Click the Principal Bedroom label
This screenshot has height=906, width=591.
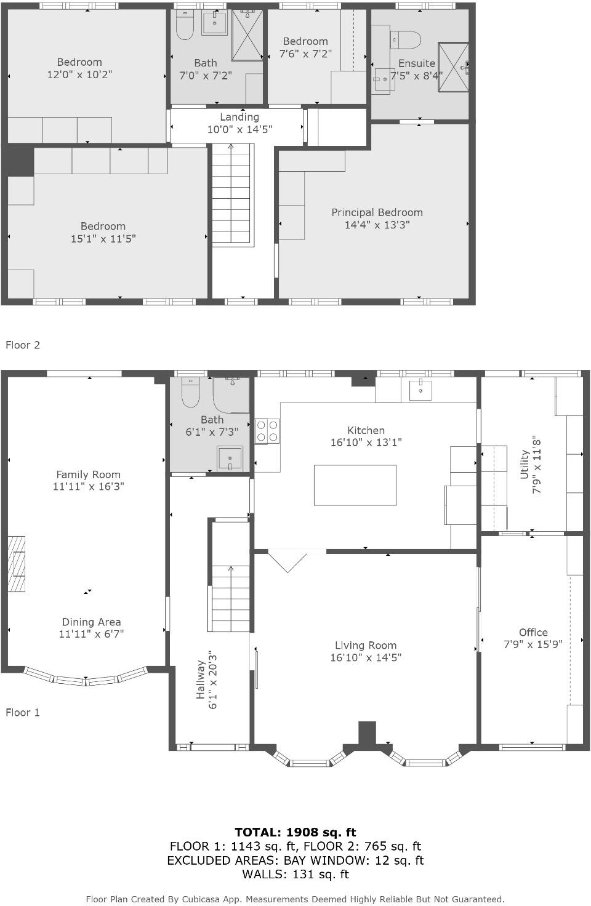[x=377, y=212]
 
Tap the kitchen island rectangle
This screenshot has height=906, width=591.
[x=355, y=485]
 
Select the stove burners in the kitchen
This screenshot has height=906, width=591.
[x=267, y=431]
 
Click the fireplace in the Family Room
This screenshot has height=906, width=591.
[x=17, y=564]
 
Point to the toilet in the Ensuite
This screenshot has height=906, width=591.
[x=406, y=39]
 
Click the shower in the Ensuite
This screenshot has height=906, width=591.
[x=453, y=67]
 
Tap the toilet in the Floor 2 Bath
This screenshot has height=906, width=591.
[x=185, y=25]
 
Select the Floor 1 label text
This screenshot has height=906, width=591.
[x=23, y=712]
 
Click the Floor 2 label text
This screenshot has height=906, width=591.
[x=23, y=345]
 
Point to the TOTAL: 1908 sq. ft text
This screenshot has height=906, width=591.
[x=295, y=832]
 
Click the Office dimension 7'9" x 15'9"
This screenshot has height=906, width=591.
[x=533, y=644]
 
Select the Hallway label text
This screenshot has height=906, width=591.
[x=201, y=679]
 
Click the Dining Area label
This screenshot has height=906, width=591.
[x=91, y=622]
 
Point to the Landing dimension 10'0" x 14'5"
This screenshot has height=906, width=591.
[x=239, y=129]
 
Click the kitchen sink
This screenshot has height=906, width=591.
[x=420, y=390]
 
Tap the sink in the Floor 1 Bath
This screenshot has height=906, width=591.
[x=230, y=459]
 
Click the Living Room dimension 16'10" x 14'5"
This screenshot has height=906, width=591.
[x=366, y=657]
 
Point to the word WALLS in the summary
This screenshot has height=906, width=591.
[x=263, y=874]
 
